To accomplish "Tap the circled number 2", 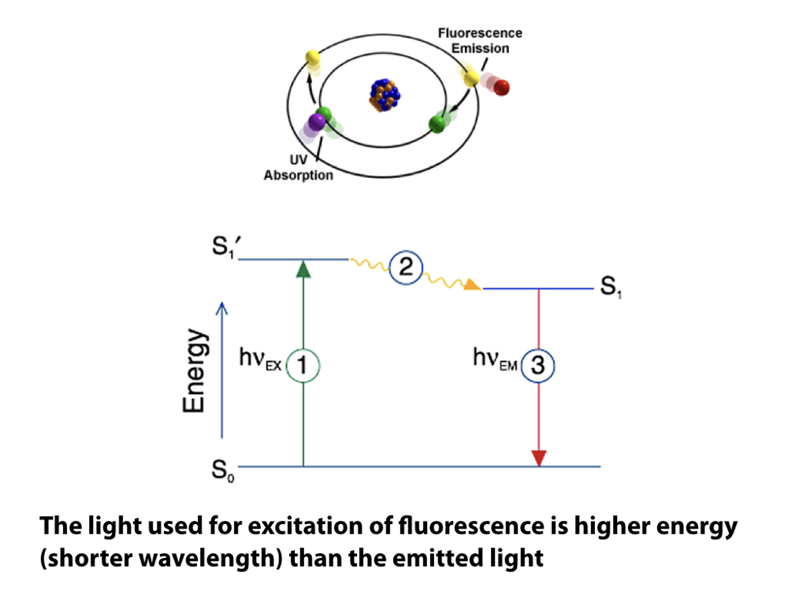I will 407,267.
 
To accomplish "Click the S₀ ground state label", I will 221,473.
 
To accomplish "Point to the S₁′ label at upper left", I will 223,251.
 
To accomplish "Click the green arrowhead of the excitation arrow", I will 303,269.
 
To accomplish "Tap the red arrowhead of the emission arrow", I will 538,458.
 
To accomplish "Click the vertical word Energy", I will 194,371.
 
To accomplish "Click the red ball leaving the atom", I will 501,87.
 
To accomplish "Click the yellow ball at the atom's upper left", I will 313,58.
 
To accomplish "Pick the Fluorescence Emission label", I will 480,41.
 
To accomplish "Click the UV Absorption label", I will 298,168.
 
